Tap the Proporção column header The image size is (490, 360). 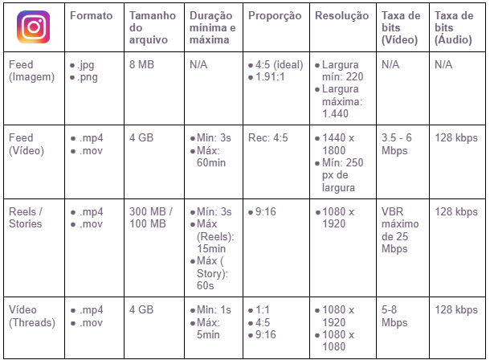(275, 16)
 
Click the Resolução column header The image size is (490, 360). (341, 16)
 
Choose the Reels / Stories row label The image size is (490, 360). (27, 218)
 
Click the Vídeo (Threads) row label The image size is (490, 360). (31, 317)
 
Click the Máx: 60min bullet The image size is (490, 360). (210, 156)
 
